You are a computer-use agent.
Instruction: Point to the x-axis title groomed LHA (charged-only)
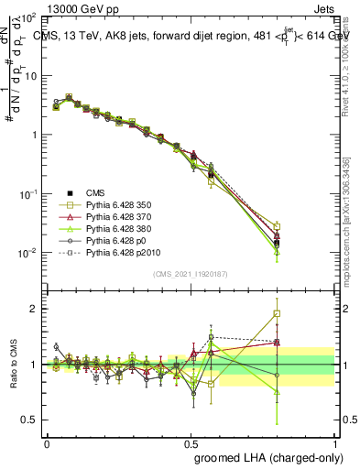click(x=265, y=455)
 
